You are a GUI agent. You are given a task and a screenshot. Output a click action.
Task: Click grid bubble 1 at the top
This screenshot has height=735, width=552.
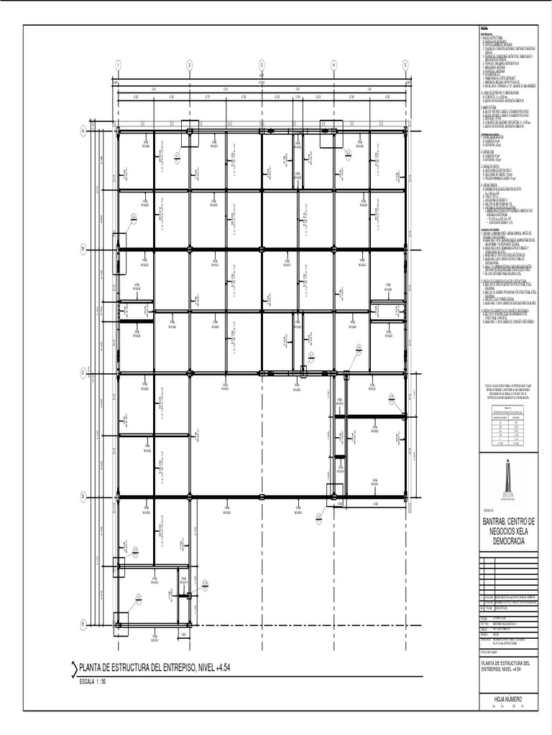point(117,65)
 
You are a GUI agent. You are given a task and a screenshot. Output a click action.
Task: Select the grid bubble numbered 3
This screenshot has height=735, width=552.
point(262,65)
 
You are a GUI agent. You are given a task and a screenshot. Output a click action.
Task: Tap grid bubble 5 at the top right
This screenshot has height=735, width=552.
point(405,65)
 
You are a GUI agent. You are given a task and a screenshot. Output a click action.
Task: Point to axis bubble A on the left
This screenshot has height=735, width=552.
point(83,131)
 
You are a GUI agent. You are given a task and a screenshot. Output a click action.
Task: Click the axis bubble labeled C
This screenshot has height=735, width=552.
point(83,373)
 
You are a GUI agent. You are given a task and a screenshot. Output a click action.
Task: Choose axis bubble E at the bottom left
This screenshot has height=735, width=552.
point(83,624)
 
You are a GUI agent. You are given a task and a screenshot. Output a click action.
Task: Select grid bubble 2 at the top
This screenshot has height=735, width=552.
point(190,65)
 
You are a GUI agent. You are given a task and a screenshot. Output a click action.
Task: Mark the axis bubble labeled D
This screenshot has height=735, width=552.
point(83,496)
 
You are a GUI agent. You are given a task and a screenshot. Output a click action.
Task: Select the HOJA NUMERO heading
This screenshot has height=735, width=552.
point(507,698)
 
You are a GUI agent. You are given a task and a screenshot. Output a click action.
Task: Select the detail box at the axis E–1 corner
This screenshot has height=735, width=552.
point(119,622)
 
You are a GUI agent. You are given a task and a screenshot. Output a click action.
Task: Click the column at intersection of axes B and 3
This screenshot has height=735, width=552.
point(262,249)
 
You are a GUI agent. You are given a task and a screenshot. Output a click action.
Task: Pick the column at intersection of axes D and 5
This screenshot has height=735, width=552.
point(405,496)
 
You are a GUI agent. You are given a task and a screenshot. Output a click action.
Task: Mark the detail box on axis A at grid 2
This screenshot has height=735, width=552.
point(190,136)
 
